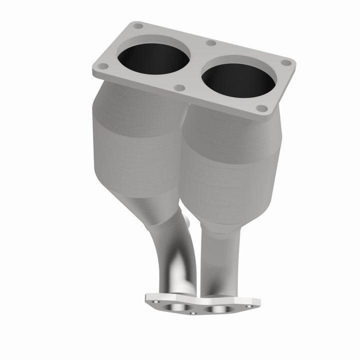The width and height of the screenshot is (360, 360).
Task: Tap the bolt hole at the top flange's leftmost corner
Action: coord(102,66)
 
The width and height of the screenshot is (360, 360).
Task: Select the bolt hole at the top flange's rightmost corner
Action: coord(286,62)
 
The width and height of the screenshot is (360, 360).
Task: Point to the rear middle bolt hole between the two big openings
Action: coord(210,43)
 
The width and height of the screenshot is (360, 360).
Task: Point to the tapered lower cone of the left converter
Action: coord(150,205)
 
